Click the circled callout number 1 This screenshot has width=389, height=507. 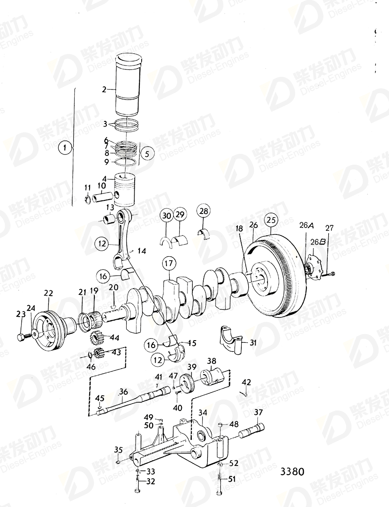coord(65,148)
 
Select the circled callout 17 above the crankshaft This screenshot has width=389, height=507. coord(169,263)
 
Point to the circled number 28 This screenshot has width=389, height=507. coord(204,212)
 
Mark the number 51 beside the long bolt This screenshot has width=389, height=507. coord(232,479)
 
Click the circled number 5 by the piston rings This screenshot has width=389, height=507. coord(147,154)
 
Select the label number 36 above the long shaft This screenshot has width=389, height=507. coord(123,392)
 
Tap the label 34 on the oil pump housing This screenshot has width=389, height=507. coord(203,412)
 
